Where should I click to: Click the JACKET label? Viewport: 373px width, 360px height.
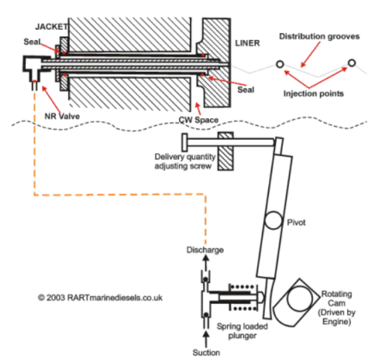[51, 27]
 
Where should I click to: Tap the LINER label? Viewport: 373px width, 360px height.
[248, 43]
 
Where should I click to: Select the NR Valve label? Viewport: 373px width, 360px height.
[62, 116]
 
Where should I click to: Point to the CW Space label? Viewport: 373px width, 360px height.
[198, 120]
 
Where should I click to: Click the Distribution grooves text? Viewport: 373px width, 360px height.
[319, 37]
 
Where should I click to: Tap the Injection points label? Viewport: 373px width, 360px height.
[314, 93]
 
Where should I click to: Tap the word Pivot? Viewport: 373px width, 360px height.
[296, 223]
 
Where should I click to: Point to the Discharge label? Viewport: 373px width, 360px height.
[205, 250]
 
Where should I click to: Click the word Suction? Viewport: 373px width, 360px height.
[206, 353]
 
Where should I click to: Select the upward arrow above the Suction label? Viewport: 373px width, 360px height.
[206, 339]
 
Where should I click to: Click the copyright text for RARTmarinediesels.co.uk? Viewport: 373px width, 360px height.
[100, 297]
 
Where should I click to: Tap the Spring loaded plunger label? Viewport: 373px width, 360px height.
[242, 331]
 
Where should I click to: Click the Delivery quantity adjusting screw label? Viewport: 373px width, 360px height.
[185, 161]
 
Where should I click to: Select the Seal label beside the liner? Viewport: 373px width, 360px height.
[246, 90]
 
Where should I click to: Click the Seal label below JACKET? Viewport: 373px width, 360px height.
[32, 42]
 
